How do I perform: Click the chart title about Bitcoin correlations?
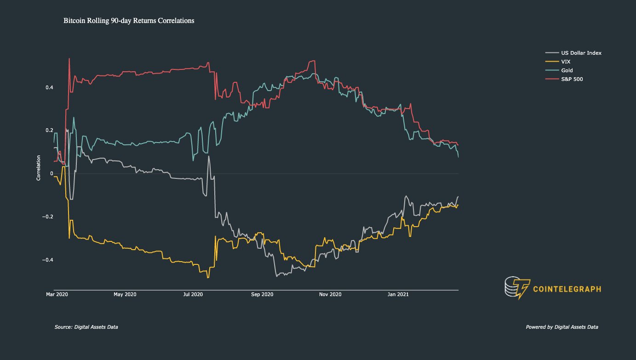129,21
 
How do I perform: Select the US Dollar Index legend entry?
580,53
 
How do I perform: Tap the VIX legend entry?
566,62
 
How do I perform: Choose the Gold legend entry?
567,70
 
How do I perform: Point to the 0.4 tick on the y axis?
48,87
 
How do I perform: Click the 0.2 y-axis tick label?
48,131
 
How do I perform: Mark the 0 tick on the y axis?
51,174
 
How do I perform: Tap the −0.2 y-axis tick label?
47,217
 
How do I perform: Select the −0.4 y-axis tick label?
47,260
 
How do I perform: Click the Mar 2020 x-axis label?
57,294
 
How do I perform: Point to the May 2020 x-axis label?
125,294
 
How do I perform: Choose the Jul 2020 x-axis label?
193,294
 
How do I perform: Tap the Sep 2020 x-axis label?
262,294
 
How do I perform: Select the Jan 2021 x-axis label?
398,294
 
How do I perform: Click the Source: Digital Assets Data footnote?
86,327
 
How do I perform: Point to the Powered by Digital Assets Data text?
562,327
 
